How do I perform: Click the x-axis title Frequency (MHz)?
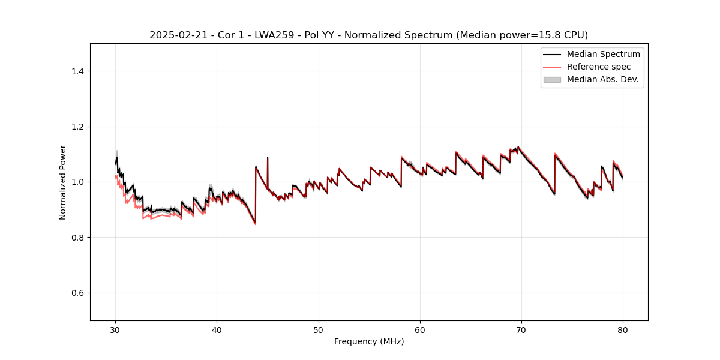[369, 341]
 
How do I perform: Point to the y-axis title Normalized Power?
[63, 182]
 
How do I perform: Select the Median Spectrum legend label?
[603, 54]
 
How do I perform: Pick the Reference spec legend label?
[598, 67]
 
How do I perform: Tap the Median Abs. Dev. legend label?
[602, 79]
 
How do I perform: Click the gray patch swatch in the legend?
[552, 79]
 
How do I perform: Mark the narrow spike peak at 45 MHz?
[268, 158]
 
